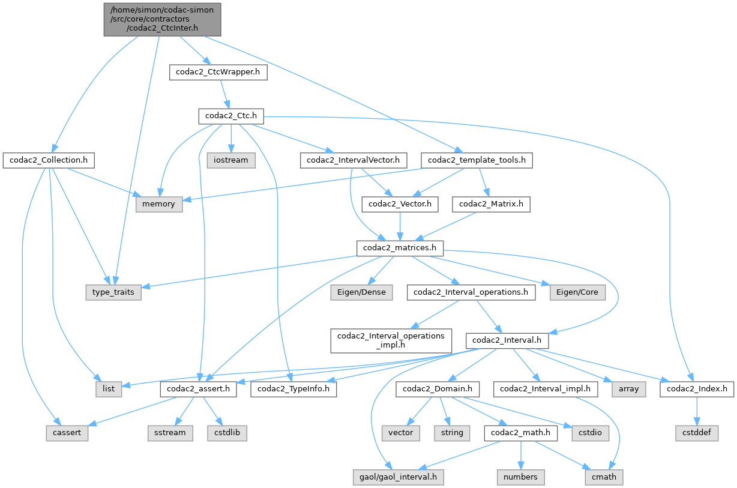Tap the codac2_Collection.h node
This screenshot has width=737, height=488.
[49, 160]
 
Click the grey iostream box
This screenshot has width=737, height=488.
[232, 160]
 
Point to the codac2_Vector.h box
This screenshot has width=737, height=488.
[400, 204]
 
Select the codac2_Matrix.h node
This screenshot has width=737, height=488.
[492, 204]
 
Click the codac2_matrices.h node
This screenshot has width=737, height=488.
[400, 248]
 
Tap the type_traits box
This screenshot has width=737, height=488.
[113, 292]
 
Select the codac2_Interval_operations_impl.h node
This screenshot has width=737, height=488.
[390, 340]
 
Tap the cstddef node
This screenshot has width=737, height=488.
[696, 433]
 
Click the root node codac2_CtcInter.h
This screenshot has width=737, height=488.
[163, 19]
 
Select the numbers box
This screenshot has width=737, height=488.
[520, 477]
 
